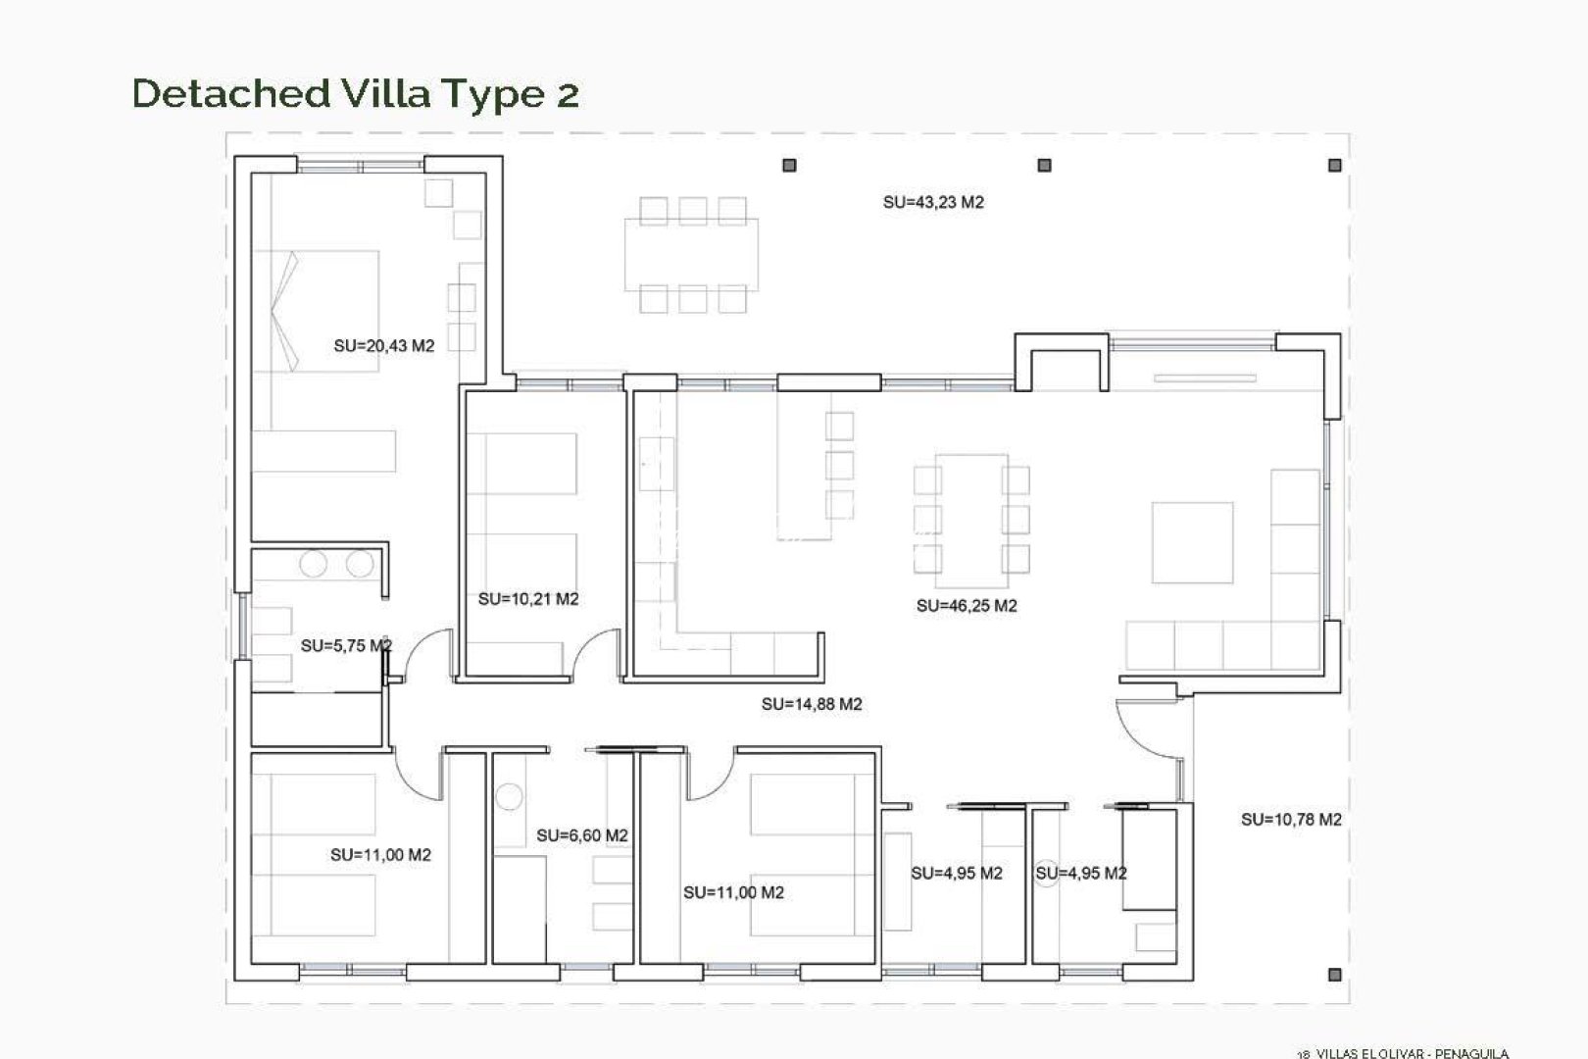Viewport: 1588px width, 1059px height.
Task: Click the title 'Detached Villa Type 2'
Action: [355, 94]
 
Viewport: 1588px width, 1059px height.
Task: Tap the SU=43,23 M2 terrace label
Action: [933, 203]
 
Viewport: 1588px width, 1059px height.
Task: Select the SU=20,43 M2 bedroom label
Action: [383, 346]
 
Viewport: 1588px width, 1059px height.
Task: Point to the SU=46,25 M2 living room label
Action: [967, 606]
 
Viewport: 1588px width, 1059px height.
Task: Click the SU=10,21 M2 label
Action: [528, 599]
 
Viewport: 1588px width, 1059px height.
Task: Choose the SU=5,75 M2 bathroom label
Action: [346, 646]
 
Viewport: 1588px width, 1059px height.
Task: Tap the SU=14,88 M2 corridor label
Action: [812, 704]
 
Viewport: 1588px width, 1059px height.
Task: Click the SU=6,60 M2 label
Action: [581, 836]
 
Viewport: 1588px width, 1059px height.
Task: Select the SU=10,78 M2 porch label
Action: [1291, 820]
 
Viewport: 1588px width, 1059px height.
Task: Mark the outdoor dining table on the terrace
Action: [692, 253]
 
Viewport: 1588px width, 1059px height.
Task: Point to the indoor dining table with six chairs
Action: [971, 513]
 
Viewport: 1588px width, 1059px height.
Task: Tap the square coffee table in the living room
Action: [1192, 542]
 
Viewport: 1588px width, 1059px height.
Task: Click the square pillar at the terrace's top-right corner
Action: [1334, 166]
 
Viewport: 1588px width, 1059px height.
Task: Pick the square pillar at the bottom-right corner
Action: [1334, 975]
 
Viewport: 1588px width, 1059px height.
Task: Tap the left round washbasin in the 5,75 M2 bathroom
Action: [313, 565]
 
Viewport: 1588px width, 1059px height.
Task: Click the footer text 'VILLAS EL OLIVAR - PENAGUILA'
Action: [1412, 1053]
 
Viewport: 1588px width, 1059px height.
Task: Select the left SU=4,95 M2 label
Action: [956, 874]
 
